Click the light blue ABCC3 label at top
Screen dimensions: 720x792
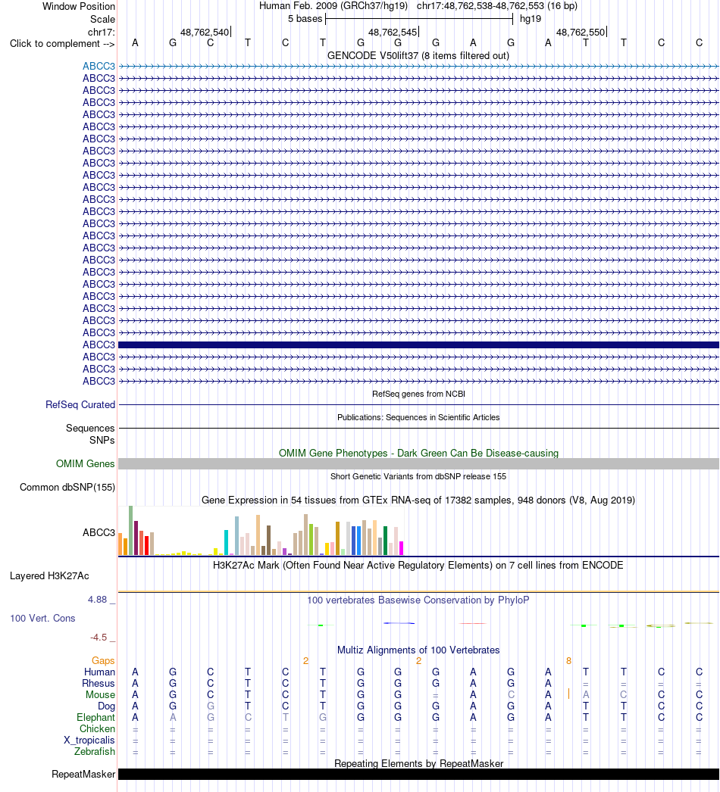[99, 66]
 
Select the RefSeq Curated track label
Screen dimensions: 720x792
[80, 404]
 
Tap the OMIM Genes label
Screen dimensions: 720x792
[86, 463]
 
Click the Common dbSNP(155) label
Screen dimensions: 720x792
[67, 488]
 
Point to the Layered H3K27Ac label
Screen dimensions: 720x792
[49, 575]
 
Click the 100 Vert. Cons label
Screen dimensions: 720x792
[42, 619]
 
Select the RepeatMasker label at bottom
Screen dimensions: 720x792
[83, 775]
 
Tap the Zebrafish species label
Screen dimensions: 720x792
[95, 752]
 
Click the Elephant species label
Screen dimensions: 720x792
[95, 718]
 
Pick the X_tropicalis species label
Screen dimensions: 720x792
[89, 741]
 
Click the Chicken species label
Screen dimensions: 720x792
[97, 729]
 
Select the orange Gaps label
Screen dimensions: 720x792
[103, 661]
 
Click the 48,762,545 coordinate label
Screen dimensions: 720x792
[393, 33]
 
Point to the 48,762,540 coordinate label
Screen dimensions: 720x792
[205, 33]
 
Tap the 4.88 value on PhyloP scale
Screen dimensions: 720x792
[97, 600]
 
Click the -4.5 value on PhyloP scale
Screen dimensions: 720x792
[99, 638]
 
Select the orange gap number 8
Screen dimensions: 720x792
[569, 661]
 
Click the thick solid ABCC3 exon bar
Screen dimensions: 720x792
[418, 345]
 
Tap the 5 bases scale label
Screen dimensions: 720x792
[305, 19]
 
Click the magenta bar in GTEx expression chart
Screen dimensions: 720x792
[402, 548]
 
